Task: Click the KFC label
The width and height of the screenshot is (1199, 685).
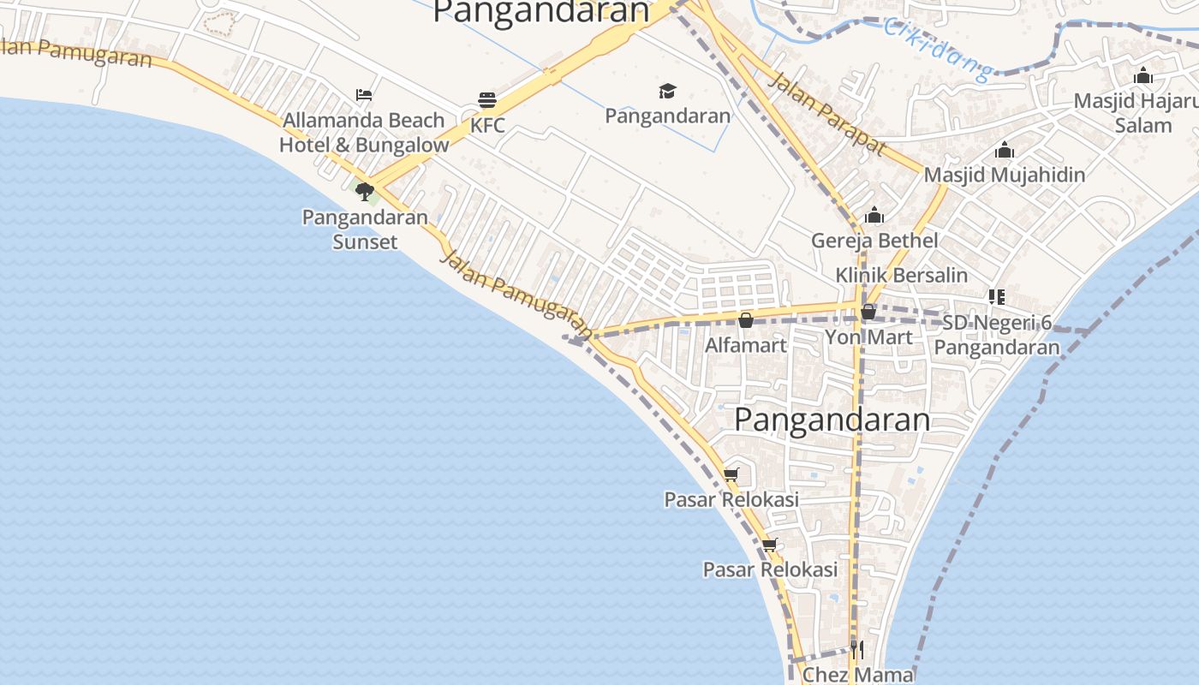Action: [x=487, y=126]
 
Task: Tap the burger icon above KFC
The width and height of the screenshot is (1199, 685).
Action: [x=487, y=99]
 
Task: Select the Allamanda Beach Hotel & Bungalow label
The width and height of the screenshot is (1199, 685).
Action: [x=364, y=133]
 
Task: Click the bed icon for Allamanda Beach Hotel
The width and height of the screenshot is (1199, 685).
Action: [x=364, y=94]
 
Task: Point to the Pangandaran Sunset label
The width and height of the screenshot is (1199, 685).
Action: [x=365, y=229]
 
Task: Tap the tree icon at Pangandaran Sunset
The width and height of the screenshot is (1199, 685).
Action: [x=365, y=191]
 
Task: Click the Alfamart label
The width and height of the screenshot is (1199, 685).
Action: [x=745, y=346]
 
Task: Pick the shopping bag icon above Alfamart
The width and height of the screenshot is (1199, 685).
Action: [x=746, y=320]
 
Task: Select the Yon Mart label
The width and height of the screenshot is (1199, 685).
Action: [x=868, y=337]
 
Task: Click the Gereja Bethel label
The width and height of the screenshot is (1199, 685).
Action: [x=874, y=241]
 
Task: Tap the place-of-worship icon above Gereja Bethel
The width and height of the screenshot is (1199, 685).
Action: [x=874, y=215]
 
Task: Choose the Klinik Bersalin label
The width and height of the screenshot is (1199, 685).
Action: [x=902, y=276]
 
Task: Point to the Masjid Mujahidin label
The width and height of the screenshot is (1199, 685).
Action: [x=1004, y=175]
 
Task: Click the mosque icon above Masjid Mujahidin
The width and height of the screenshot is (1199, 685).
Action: [x=1005, y=152]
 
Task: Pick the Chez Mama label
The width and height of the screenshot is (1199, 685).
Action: [x=857, y=675]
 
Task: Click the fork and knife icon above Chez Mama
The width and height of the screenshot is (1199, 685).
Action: [x=857, y=649]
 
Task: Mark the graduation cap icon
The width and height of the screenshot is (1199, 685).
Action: [x=667, y=91]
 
